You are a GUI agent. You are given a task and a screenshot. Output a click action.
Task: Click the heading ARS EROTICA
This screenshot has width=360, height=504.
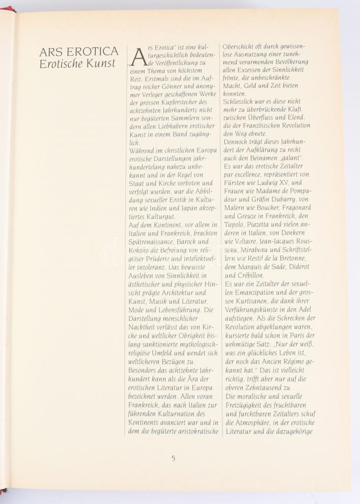(x=79, y=52)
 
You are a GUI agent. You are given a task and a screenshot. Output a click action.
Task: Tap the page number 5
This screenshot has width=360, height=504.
(x=173, y=458)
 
